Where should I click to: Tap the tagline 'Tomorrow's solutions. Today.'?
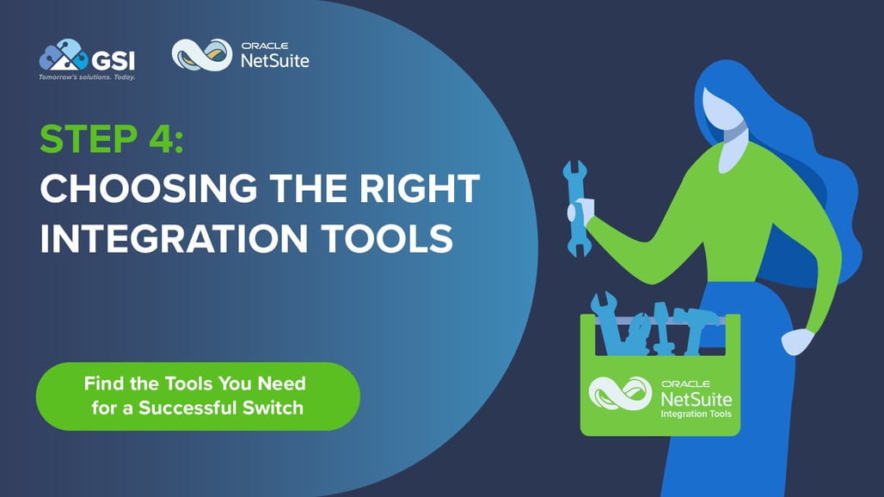pos(87,77)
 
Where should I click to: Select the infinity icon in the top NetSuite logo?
pos(202,55)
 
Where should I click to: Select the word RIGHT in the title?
pos(412,188)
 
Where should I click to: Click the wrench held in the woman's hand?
pos(574,206)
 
